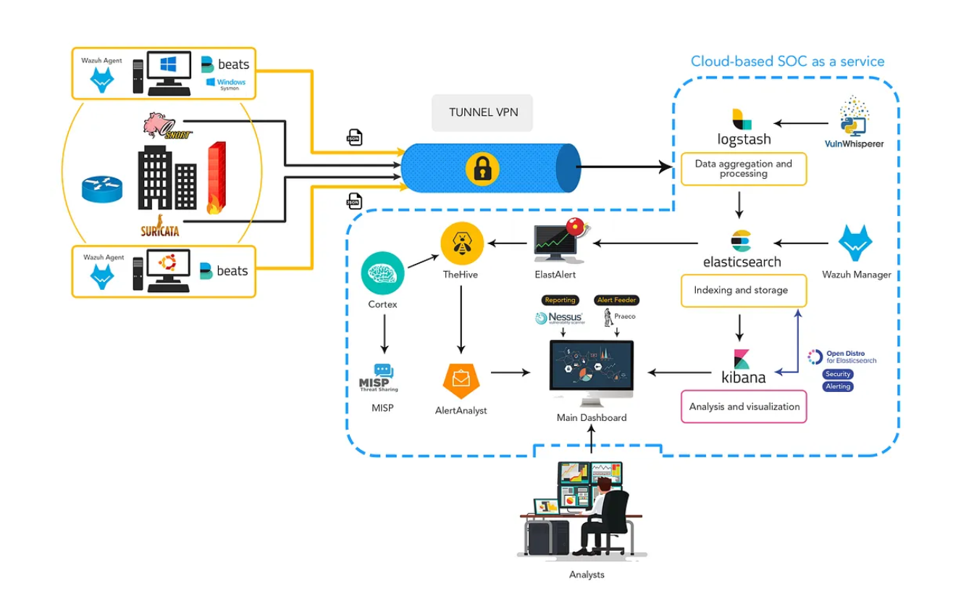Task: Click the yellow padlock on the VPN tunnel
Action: pyautogui.click(x=479, y=168)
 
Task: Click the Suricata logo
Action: pyautogui.click(x=159, y=226)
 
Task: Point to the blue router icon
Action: pyautogui.click(x=102, y=188)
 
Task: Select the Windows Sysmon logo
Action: pyautogui.click(x=226, y=83)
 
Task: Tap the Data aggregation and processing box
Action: pyautogui.click(x=743, y=169)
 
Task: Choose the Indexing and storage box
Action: pyautogui.click(x=743, y=290)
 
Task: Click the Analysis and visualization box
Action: pyautogui.click(x=744, y=407)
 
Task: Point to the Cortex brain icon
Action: pyautogui.click(x=382, y=272)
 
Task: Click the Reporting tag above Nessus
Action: pyautogui.click(x=560, y=300)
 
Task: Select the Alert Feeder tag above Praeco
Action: pyautogui.click(x=616, y=300)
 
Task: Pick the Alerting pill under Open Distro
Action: pyautogui.click(x=838, y=386)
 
